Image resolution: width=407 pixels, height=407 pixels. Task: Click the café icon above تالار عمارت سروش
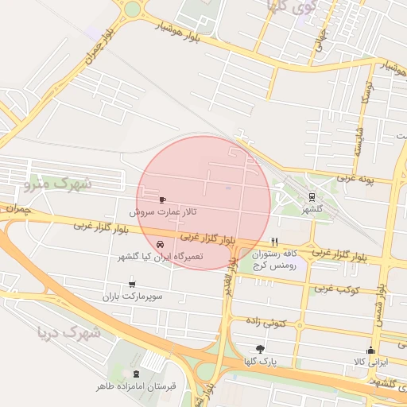[163, 200]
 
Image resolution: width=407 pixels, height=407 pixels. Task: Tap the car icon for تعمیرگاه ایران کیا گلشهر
[161, 244]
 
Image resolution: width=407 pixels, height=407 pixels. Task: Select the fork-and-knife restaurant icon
[274, 242]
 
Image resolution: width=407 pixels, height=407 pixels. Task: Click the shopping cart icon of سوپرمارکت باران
[131, 283]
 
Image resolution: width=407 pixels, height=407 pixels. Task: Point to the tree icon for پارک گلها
[260, 349]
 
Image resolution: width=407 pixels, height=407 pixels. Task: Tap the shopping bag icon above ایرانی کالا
[370, 350]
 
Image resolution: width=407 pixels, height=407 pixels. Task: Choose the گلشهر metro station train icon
[311, 197]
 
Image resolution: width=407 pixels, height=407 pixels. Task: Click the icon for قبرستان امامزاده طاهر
[136, 374]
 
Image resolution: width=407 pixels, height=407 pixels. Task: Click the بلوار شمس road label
[382, 293]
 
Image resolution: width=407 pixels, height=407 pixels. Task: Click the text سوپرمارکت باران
[131, 297]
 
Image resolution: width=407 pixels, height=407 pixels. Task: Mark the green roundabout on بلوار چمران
[131, 9]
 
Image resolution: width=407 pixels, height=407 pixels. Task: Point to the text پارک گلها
[261, 362]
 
